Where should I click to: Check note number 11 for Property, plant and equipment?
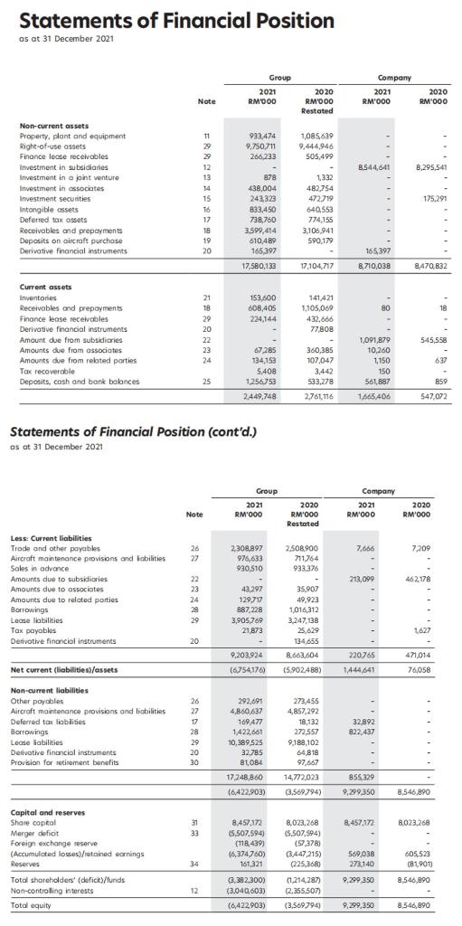(x=198, y=134)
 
